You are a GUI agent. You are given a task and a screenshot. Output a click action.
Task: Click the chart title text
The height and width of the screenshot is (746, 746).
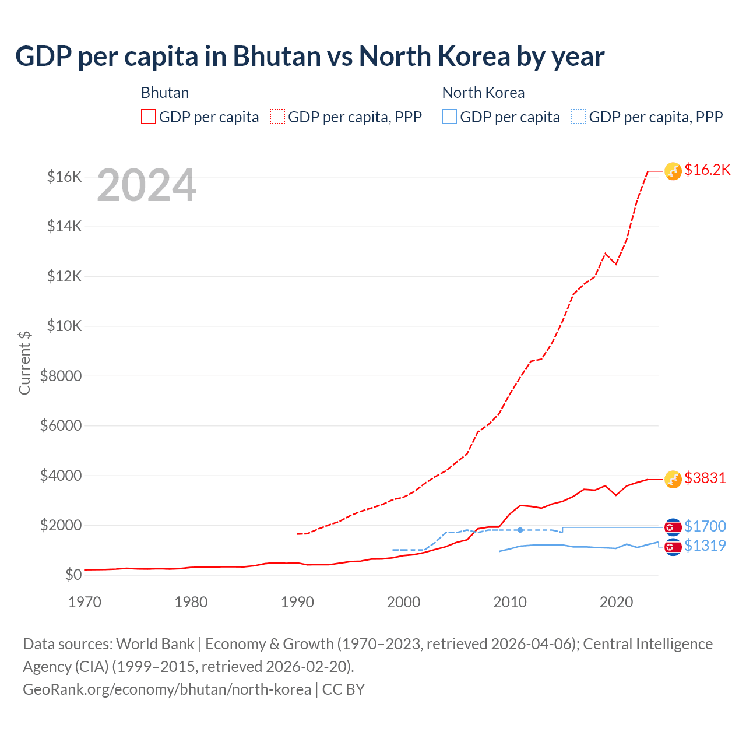pos(309,57)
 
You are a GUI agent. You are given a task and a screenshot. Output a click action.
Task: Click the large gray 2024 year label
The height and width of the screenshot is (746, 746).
pos(146,186)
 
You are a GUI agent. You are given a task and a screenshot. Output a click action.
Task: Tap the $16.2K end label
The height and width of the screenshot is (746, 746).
pos(707,170)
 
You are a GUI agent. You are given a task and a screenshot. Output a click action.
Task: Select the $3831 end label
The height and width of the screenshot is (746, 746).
pos(705,478)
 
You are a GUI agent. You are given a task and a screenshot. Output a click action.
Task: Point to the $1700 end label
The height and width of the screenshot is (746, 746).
pos(705,526)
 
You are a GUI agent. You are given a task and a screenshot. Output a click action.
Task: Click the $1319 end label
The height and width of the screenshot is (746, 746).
pos(705,546)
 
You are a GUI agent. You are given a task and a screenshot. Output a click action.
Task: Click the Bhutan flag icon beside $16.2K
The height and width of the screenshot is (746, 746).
pos(673,171)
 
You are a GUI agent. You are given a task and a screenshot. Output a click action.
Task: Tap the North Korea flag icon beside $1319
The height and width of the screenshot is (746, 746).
pos(673,547)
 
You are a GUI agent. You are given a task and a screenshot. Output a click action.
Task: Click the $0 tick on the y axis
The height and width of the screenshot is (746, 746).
pos(73,575)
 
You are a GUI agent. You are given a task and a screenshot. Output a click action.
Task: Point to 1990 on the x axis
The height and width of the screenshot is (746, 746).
pos(297,602)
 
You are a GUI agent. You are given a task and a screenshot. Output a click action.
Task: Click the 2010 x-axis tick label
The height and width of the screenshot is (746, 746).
pos(510,602)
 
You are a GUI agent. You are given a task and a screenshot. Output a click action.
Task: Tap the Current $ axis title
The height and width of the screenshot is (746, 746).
pos(24,363)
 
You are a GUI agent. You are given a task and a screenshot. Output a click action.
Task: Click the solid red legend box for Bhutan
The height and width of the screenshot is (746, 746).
pos(149,117)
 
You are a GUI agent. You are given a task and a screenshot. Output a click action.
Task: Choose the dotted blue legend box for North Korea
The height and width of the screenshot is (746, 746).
pos(579,117)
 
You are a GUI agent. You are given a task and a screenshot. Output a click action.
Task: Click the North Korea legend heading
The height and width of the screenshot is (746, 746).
pos(483,93)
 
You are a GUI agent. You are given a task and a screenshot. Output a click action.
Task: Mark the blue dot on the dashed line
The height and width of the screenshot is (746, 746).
pos(520,530)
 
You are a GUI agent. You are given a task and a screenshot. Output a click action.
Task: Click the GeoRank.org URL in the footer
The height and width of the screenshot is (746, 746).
pos(167,689)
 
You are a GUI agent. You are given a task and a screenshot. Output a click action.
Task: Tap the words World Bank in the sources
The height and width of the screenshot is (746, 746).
pos(155,643)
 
